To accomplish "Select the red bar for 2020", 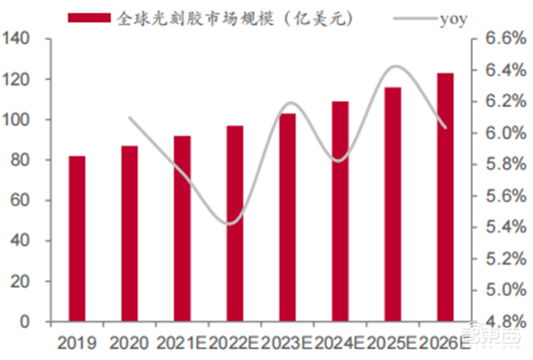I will pyautogui.click(x=130, y=233).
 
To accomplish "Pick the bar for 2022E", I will pyautogui.click(x=235, y=223).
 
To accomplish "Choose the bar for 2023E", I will pyautogui.click(x=287, y=217).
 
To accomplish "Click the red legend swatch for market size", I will pyautogui.click(x=89, y=18).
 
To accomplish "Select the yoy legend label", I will pyautogui.click(x=453, y=18).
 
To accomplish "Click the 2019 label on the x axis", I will pyautogui.click(x=77, y=343).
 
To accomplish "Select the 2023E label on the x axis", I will pyautogui.click(x=287, y=343).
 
